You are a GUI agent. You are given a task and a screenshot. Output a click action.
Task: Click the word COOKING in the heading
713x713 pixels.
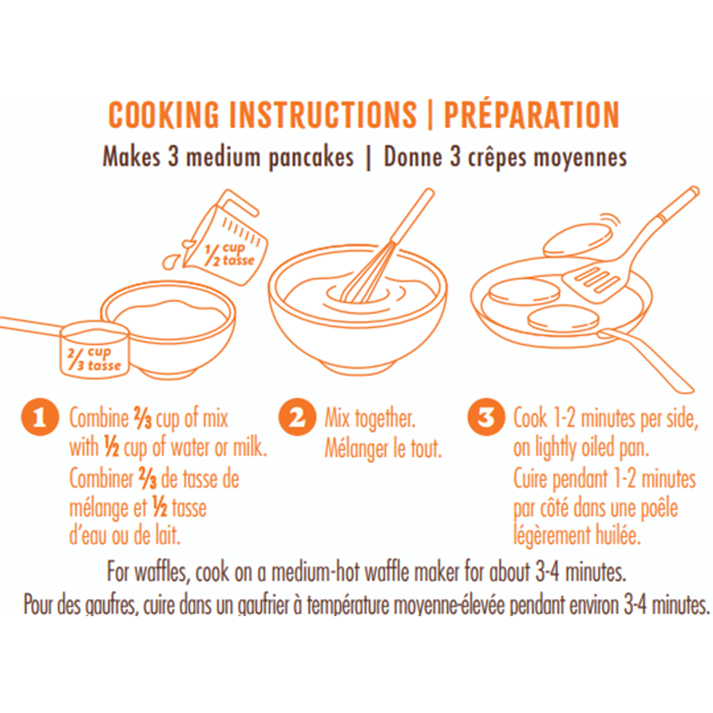point(164,115)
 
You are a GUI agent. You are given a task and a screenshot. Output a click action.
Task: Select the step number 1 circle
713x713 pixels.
point(40,417)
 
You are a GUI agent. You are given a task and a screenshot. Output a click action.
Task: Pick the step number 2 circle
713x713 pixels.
point(296,417)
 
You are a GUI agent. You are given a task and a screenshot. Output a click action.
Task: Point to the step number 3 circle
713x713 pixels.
point(486,417)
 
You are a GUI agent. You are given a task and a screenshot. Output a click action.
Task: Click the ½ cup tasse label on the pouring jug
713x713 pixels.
point(230,254)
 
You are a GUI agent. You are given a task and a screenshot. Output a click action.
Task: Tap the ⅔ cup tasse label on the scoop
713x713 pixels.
point(94,359)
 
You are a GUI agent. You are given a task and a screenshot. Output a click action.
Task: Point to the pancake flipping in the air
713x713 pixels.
point(578,239)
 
